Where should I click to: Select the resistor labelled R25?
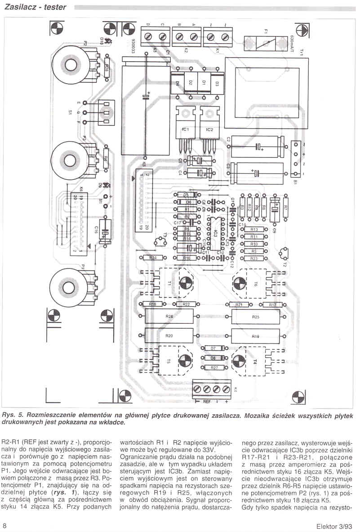coord(255,317)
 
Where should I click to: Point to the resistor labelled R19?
coord(255,336)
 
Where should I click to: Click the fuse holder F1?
coord(266,43)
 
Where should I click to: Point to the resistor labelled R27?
coord(214,368)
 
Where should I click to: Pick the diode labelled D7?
coord(214,349)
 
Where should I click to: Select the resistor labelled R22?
coord(187,304)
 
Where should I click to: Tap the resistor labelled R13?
coord(254,229)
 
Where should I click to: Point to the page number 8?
coord(4,526)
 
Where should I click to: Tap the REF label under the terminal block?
coord(207,401)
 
